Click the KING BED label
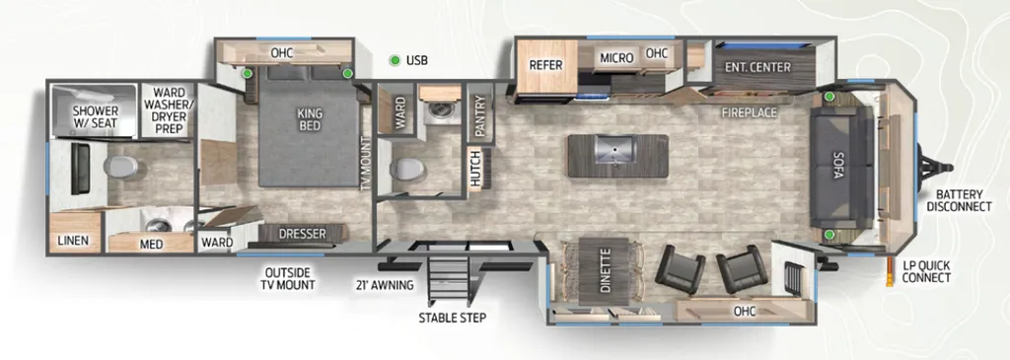tap(309, 119)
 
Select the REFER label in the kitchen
tap(546, 65)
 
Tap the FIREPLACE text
tap(750, 113)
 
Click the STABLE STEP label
tap(452, 318)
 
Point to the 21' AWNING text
tap(385, 285)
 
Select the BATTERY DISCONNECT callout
tap(964, 200)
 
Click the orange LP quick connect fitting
tap(891, 272)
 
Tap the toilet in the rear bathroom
tap(121, 166)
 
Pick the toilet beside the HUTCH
tap(407, 169)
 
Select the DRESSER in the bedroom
tap(302, 234)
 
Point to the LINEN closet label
tap(73, 242)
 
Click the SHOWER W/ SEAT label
tap(96, 117)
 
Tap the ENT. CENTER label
tap(757, 67)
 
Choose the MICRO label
tap(617, 58)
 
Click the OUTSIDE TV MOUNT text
tap(288, 278)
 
